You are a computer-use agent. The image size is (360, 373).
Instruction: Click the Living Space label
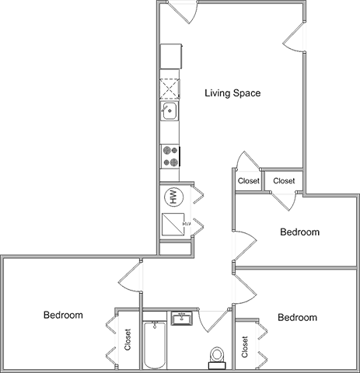click(232, 93)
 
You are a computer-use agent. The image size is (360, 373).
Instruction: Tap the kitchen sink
click(170, 111)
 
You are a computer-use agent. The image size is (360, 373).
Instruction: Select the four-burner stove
click(170, 156)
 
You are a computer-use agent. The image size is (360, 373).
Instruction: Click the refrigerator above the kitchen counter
click(171, 56)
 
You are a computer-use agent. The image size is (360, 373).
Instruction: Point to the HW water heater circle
click(173, 197)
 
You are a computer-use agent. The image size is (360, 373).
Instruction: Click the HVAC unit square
click(173, 225)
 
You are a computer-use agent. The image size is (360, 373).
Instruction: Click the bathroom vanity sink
click(182, 319)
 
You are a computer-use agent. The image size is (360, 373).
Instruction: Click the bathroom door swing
click(214, 321)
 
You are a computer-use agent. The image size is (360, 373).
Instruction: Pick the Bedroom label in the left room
click(63, 315)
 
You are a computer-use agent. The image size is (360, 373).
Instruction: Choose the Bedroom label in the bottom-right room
click(297, 317)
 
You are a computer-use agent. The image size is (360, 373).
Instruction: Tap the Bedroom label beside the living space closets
click(299, 232)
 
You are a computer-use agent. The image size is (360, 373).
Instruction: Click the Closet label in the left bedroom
click(128, 340)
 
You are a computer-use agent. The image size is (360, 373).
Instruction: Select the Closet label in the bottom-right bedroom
click(245, 347)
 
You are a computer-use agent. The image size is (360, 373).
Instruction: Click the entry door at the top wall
click(181, 12)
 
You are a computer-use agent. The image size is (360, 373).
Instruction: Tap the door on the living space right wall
click(294, 37)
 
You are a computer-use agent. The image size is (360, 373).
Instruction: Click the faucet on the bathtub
click(155, 325)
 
